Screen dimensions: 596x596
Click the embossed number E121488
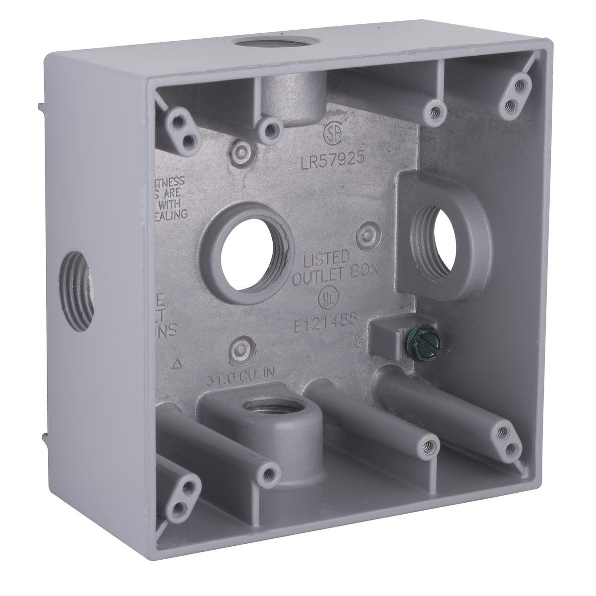click(323, 321)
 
